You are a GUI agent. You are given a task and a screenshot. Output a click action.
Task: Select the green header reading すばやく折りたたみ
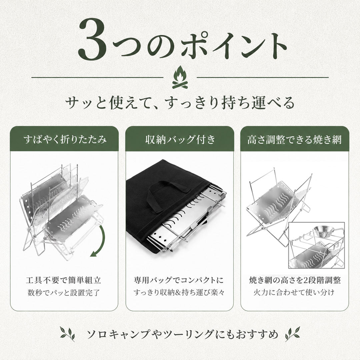pos(65,139)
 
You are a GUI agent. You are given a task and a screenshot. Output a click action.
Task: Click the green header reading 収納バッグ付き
pos(180,139)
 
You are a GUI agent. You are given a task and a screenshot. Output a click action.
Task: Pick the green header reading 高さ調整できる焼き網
pos(295,139)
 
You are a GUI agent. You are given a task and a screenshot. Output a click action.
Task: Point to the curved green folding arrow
pos(102,241)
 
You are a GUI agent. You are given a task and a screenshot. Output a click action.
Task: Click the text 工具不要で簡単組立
pos(63,280)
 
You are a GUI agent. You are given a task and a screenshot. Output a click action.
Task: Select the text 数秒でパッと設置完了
pos(64,293)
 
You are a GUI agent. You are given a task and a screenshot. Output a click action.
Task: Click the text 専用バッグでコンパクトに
pos(179,280)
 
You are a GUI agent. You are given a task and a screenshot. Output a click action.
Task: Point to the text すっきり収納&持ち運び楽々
pos(179,293)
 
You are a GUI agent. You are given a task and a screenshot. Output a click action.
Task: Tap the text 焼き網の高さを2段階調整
pos(295,280)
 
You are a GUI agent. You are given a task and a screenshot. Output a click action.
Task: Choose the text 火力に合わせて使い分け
pos(294,293)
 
